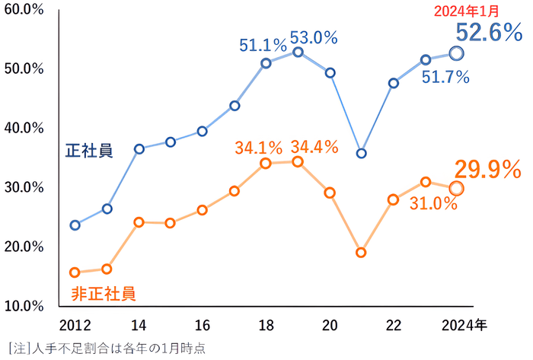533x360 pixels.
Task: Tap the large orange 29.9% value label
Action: [x=487, y=169]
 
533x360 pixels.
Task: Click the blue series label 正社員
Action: [x=89, y=150]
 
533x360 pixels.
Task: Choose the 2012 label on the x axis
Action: [x=75, y=325]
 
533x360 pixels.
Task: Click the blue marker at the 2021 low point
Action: [x=362, y=153]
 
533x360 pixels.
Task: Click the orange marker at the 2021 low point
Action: [x=362, y=252]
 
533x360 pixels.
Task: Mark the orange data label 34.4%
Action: [x=314, y=147]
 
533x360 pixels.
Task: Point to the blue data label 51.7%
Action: [x=445, y=76]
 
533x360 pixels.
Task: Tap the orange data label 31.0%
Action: [x=433, y=203]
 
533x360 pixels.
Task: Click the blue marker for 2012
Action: [x=75, y=225]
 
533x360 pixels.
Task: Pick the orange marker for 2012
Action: [x=75, y=272]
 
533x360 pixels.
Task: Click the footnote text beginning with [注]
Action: [x=106, y=347]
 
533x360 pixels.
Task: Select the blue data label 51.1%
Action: [x=263, y=46]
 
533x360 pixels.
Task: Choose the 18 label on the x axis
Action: [x=266, y=325]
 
